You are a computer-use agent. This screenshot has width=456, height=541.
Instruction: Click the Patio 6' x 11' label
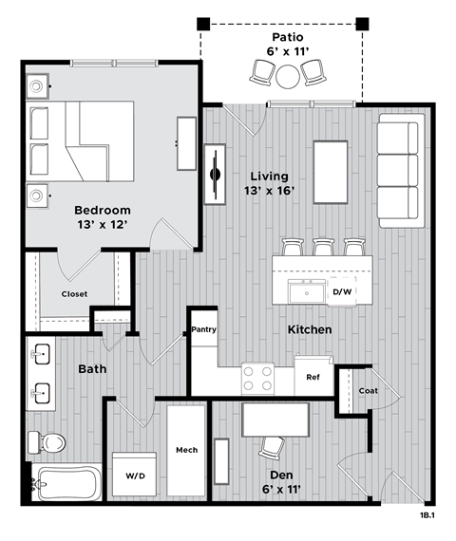pos(281,44)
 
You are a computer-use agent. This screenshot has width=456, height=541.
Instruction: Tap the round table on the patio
pos(288,74)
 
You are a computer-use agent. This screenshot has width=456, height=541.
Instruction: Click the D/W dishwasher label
pos(343,291)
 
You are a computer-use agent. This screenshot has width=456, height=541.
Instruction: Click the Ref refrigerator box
pos(313,376)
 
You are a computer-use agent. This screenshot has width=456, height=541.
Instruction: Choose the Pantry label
pos(204,330)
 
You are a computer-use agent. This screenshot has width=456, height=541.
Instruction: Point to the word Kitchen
pos(310,329)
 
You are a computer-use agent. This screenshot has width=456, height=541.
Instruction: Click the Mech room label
pos(186,449)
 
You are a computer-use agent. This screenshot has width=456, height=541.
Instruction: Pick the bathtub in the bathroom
pos(65,485)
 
